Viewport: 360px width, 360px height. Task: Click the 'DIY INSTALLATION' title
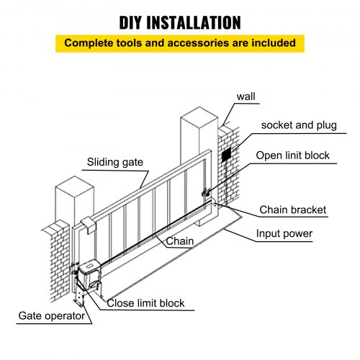(180, 19)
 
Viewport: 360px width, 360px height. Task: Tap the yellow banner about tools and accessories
(180, 43)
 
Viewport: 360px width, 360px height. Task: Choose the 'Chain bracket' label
(293, 210)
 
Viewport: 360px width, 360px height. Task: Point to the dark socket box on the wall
(227, 154)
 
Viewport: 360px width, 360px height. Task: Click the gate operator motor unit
(92, 269)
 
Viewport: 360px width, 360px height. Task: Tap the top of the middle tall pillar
(198, 115)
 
